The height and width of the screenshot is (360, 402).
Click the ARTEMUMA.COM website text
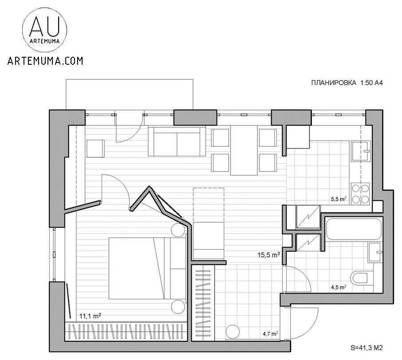coord(45,61)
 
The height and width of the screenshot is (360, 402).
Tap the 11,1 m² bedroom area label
coord(90,316)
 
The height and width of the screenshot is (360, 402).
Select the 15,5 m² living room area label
coord(268,254)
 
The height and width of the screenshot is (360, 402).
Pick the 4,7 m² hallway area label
coord(271,334)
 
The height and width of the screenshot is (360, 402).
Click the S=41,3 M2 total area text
coord(367,348)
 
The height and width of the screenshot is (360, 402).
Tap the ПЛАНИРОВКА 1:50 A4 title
coord(347,83)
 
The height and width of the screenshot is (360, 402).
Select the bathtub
coord(354,229)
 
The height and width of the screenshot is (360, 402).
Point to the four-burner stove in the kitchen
coord(360,193)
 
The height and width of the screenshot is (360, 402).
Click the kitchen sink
coord(361,151)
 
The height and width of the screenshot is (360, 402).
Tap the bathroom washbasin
coord(375,252)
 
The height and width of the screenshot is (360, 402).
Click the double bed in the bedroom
coord(147,268)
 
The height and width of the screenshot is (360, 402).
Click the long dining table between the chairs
coord(244,150)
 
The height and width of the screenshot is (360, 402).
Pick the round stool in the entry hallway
coord(233,332)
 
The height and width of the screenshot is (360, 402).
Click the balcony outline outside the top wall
coord(130,79)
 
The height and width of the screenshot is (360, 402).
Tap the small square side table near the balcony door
coord(96,149)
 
